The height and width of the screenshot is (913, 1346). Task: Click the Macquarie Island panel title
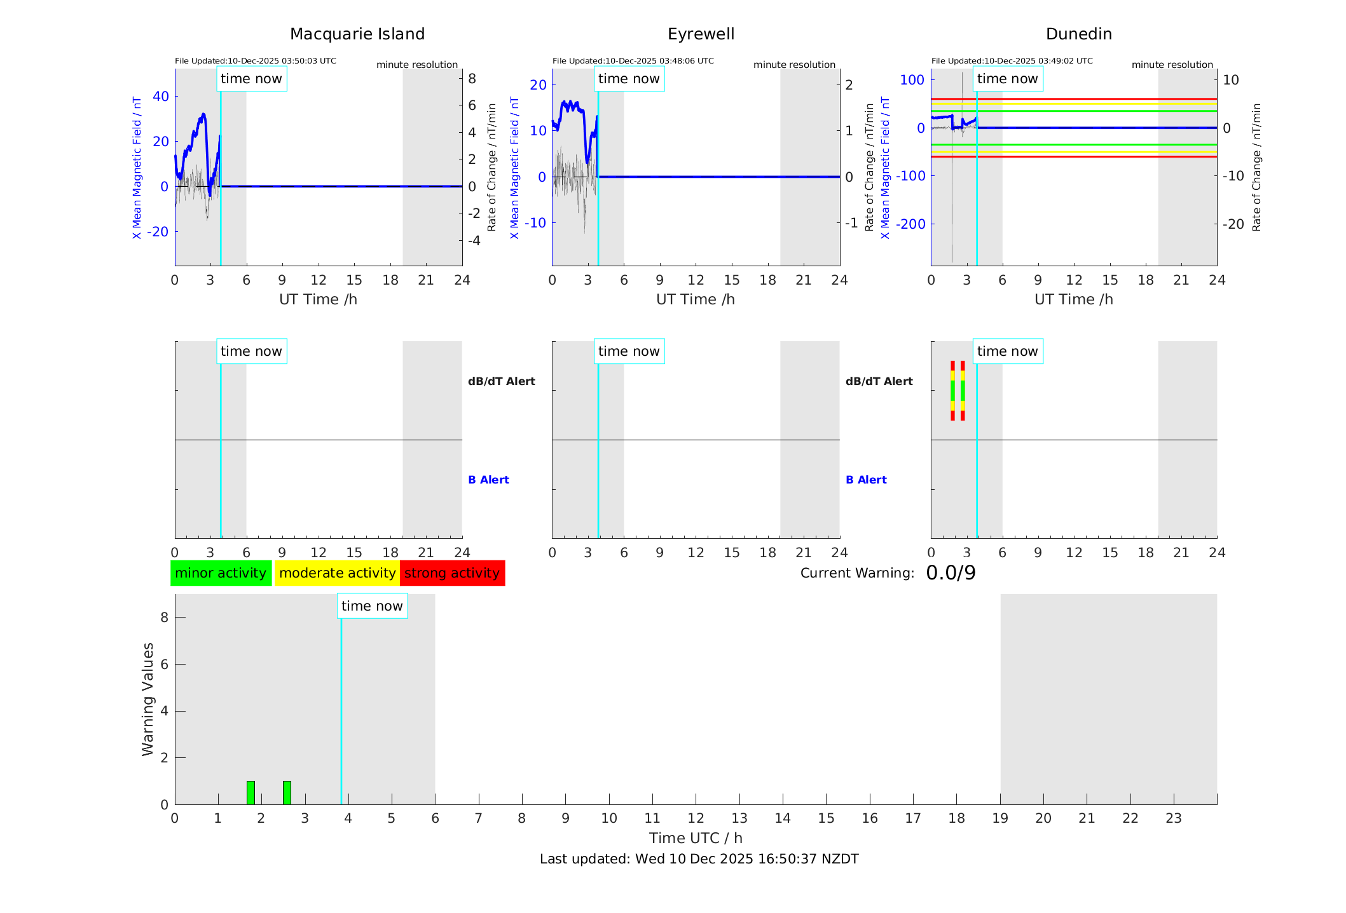coord(357,34)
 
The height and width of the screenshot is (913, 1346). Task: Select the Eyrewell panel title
coord(701,34)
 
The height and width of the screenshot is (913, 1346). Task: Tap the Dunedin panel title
coord(1078,34)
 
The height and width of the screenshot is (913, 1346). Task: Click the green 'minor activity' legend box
coord(221,573)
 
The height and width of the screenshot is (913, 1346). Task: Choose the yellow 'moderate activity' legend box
coord(337,573)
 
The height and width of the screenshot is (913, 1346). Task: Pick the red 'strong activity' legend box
coord(452,573)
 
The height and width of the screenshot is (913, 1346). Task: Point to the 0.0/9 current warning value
coord(951,573)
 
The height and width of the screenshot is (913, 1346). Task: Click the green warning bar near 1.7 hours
coord(251,792)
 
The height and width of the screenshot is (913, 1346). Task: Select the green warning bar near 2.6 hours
coord(287,792)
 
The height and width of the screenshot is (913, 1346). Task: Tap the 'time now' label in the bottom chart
coord(372,606)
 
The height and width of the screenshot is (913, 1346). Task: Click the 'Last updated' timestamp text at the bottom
coord(699,859)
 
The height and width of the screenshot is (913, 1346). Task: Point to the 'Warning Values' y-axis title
coord(148,699)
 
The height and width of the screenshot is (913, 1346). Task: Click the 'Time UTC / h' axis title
coord(696,838)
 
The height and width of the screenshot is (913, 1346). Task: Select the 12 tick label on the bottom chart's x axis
coord(696,818)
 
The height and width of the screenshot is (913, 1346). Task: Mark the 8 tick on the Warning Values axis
coord(164,617)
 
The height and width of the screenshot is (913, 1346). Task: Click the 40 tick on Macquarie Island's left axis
coord(161,97)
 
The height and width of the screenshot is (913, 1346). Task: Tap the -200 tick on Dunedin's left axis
coord(910,224)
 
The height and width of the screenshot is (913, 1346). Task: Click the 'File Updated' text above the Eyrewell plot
coord(633,61)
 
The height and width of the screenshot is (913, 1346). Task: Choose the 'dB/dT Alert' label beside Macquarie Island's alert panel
coord(501,381)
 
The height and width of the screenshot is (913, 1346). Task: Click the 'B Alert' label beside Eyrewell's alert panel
coord(866,480)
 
